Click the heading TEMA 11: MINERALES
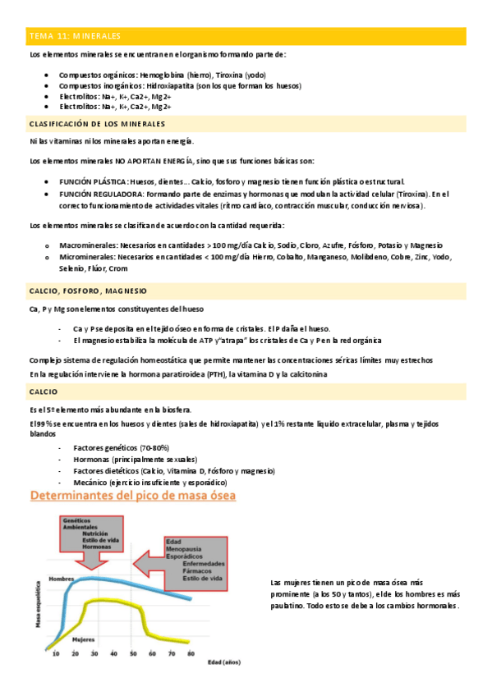pos(75,36)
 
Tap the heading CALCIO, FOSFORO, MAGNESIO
pos(87,291)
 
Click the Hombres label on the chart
pos(61,579)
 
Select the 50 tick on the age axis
pos(133,653)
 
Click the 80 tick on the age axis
pos(191,653)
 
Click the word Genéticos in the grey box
pos(76,520)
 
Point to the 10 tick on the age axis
pos(56,653)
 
